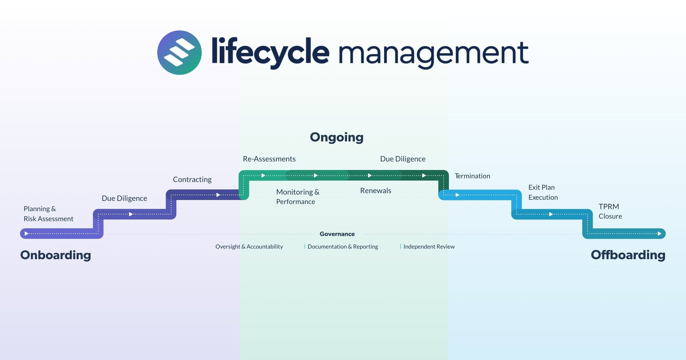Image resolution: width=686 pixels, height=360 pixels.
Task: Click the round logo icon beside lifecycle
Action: pyautogui.click(x=179, y=53)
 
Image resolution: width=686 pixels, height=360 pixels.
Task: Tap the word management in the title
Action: pyautogui.click(x=433, y=53)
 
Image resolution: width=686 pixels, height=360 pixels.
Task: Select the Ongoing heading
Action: pyautogui.click(x=336, y=137)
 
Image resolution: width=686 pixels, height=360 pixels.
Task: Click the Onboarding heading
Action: pyautogui.click(x=56, y=255)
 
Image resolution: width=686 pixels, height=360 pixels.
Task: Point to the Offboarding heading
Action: pyautogui.click(x=628, y=255)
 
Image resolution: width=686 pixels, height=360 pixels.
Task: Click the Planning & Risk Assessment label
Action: pyautogui.click(x=48, y=214)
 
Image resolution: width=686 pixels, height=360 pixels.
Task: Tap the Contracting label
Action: pyautogui.click(x=192, y=180)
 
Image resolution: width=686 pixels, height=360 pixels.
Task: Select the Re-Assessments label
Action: pyautogui.click(x=269, y=159)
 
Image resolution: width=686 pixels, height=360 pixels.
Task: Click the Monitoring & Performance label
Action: pyautogui.click(x=297, y=197)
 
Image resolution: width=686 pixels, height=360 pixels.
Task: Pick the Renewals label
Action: pyautogui.click(x=375, y=190)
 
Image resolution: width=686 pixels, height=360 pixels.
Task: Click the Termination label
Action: pyautogui.click(x=472, y=176)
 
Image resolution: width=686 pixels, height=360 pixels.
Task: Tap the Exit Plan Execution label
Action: pyautogui.click(x=543, y=192)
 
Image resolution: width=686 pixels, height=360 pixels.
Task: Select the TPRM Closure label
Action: pyautogui.click(x=610, y=211)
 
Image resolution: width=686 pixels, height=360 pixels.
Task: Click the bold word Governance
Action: pyautogui.click(x=337, y=234)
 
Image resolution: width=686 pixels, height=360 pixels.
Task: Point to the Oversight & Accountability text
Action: pyautogui.click(x=249, y=247)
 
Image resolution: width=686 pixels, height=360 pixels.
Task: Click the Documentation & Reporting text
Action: pyautogui.click(x=343, y=247)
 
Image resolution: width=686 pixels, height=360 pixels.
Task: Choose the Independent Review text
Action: pyautogui.click(x=429, y=247)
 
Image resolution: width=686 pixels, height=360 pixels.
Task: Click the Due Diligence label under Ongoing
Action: pyautogui.click(x=403, y=159)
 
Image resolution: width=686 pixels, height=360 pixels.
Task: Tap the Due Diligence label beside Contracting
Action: pyautogui.click(x=124, y=198)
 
